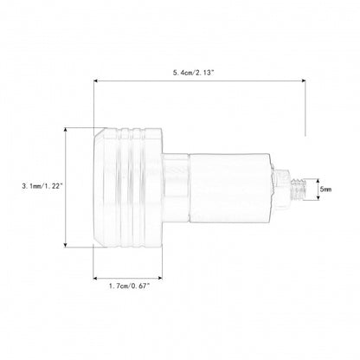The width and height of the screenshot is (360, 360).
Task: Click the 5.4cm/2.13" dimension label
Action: point(194,73)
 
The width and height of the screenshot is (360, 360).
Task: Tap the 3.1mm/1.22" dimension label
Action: point(42,186)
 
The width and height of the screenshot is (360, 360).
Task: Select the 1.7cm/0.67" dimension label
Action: point(130,286)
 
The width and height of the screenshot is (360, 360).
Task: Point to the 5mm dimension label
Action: point(325,190)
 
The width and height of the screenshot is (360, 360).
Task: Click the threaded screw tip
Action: point(298,190)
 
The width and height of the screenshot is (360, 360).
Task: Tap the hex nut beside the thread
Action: point(282,189)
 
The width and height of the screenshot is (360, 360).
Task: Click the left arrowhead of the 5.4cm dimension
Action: point(96,80)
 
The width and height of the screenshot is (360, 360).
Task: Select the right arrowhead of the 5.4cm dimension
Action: point(303,80)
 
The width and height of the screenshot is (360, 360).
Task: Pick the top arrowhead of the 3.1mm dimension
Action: point(66,130)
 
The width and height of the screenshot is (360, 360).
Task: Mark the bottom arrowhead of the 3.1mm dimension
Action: point(66,245)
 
